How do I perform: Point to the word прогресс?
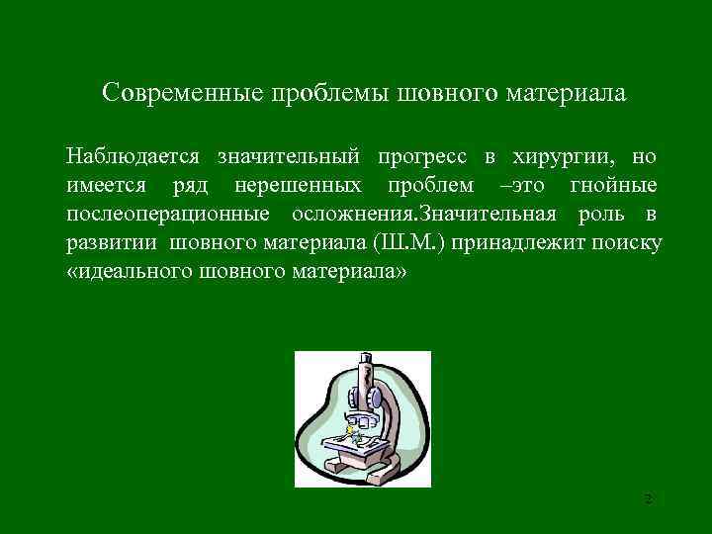point(420,157)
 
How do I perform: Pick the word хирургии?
point(565,157)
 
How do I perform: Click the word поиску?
point(628,243)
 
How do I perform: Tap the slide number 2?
point(648,498)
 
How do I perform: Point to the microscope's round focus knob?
point(381,398)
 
